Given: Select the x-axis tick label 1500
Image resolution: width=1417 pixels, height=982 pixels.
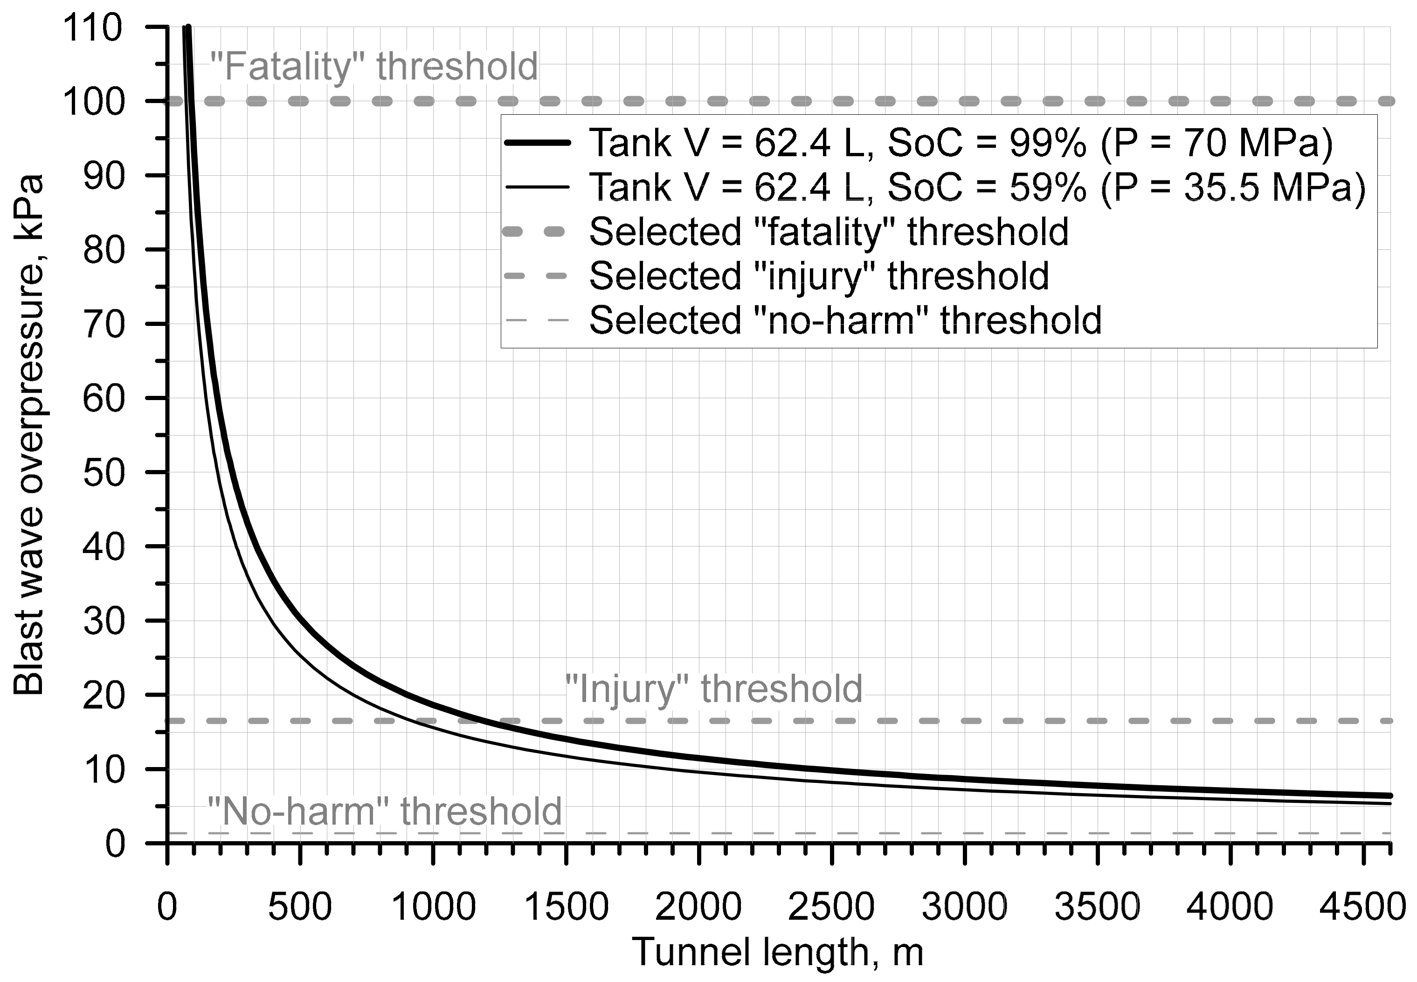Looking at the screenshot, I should pyautogui.click(x=566, y=907).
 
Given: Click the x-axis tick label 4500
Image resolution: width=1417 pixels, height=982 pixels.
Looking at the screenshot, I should pyautogui.click(x=1362, y=907).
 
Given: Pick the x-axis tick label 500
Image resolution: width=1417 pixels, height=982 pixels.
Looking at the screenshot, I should pyautogui.click(x=300, y=907).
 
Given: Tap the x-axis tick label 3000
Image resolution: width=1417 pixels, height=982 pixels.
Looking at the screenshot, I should pyautogui.click(x=964, y=907).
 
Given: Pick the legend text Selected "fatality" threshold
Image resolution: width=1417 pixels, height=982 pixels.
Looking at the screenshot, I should pyautogui.click(x=829, y=231).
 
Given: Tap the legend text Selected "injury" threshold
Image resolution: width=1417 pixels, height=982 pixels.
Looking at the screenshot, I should pyautogui.click(x=819, y=276).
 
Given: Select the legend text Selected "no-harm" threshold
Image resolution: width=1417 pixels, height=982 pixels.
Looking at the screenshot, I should pyautogui.click(x=845, y=320).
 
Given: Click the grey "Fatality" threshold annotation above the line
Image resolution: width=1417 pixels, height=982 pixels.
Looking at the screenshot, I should pyautogui.click(x=374, y=67).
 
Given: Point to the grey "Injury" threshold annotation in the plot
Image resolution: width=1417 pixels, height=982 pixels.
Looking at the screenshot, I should pyautogui.click(x=714, y=689).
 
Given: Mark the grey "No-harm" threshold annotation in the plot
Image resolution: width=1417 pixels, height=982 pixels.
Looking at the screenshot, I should pyautogui.click(x=385, y=811).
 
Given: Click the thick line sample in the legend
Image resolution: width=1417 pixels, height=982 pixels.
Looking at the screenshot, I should pyautogui.click(x=537, y=143).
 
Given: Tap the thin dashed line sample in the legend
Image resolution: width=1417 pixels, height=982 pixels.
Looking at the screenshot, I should pyautogui.click(x=537, y=320).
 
